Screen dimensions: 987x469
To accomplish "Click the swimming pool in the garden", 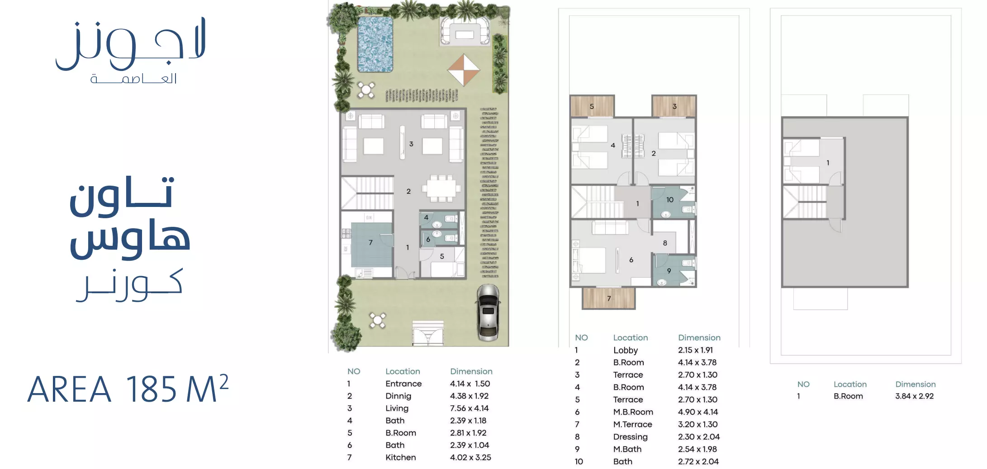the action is [x=375, y=44].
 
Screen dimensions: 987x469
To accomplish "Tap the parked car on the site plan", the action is [x=488, y=313].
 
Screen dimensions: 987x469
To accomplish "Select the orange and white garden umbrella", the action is [x=464, y=70].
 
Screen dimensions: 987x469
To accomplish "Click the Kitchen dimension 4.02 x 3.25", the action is [x=470, y=457].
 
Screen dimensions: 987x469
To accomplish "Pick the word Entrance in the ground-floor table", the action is [x=403, y=384].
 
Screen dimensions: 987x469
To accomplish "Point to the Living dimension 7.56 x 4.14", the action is [x=470, y=408].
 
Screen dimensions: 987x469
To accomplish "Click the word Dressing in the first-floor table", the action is [x=631, y=437].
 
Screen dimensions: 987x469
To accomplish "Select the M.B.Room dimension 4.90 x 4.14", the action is [x=698, y=412].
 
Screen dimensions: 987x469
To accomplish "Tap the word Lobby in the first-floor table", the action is [x=626, y=350].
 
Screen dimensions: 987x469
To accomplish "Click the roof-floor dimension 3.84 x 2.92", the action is [x=915, y=396].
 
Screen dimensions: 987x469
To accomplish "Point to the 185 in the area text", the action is [x=151, y=389].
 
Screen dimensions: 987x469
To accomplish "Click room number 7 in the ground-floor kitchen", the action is [x=370, y=243].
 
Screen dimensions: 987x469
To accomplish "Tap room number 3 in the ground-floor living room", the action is [x=411, y=144].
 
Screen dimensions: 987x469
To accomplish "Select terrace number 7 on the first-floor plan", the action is [x=609, y=299].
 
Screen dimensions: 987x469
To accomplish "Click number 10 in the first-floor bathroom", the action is [x=670, y=200].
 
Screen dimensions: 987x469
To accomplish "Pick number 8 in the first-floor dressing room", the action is [x=665, y=243].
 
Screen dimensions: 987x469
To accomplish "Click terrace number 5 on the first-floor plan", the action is [x=592, y=107].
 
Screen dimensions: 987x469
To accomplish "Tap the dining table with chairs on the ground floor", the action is [x=441, y=188].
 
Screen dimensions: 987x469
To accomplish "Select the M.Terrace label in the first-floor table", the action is [x=633, y=424].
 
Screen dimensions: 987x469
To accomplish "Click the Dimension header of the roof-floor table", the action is [x=916, y=385].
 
